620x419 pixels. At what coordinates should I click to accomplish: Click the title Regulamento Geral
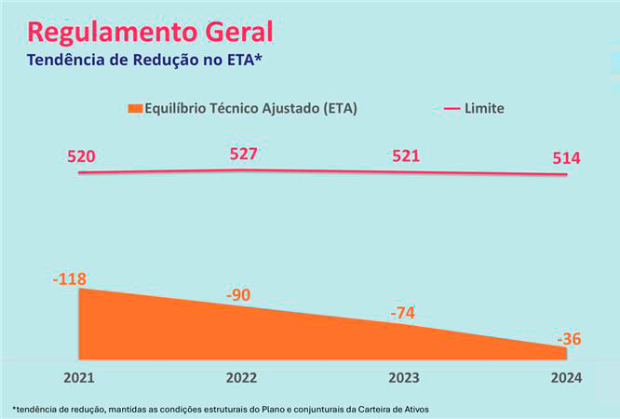[x=150, y=32]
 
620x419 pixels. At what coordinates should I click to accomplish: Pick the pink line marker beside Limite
[x=452, y=109]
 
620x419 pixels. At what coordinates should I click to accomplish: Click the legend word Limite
[x=485, y=109]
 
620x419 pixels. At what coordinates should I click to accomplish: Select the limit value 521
[x=406, y=156]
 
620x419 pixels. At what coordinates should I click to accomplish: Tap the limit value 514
[x=565, y=158]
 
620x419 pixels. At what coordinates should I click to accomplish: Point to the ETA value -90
[x=239, y=295]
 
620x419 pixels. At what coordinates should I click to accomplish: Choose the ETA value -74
[x=402, y=313]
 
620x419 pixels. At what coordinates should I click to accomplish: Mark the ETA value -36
[x=569, y=339]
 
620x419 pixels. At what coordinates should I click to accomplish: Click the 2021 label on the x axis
[x=79, y=378]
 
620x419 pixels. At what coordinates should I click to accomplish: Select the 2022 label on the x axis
[x=241, y=378]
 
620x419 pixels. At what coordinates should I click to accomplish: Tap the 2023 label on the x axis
[x=403, y=378]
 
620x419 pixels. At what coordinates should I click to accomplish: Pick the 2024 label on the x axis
[x=565, y=378]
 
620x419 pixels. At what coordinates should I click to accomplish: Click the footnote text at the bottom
[x=221, y=409]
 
